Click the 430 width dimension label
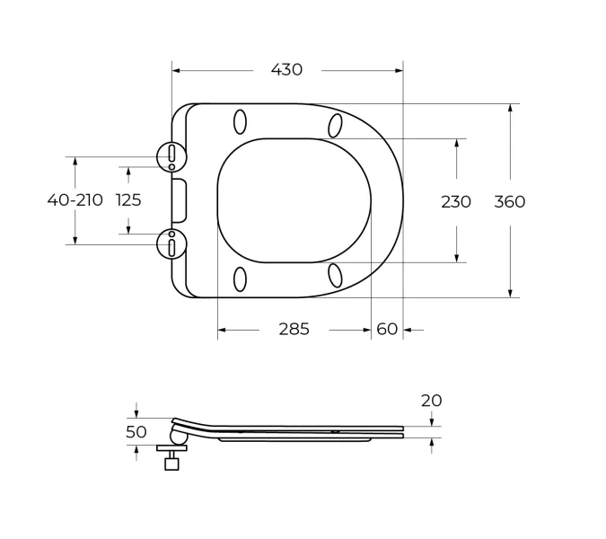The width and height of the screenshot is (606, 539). click(286, 70)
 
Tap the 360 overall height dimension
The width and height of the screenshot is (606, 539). click(510, 202)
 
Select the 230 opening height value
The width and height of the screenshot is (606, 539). click(456, 202)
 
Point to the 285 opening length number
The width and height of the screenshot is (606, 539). click(294, 329)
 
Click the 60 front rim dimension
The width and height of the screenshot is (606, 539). click(387, 329)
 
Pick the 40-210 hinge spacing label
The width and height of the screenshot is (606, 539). click(75, 200)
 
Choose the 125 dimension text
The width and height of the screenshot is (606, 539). click(128, 200)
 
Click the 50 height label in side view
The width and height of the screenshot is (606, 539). click(136, 432)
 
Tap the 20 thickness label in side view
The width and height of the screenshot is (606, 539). click(431, 401)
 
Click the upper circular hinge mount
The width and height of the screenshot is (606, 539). click(171, 157)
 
